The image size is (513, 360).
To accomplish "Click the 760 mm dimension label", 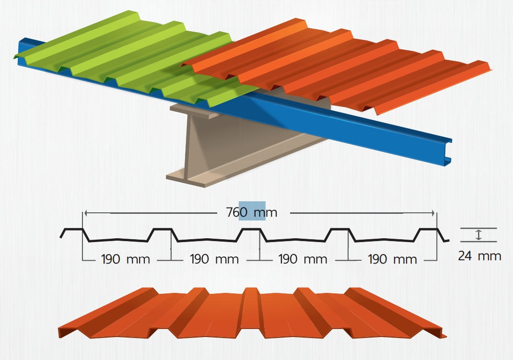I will [x=252, y=212].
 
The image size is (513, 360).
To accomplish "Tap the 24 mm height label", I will [x=479, y=256].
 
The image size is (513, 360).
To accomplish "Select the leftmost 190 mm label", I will [x=126, y=259].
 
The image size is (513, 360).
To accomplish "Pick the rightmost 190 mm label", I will [x=392, y=259].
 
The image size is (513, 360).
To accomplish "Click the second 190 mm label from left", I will [x=214, y=259].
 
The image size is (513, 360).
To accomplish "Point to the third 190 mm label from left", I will [x=303, y=259].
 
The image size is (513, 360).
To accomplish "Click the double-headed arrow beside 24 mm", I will [x=478, y=235].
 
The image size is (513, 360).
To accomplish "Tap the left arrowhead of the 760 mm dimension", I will [x=86, y=212].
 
